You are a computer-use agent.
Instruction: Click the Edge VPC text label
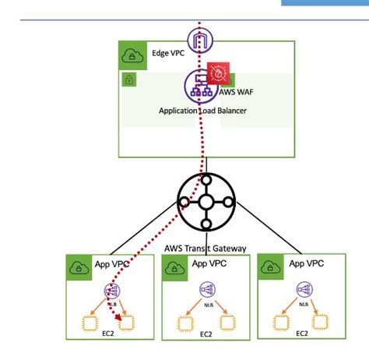pos(167,54)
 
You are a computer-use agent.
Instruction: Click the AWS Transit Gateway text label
pos(205,248)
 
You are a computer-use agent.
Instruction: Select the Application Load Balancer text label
pos(202,111)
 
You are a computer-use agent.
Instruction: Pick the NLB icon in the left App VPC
pos(111,291)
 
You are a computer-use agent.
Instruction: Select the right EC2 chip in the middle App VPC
pos(227,321)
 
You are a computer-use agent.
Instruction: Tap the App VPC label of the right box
pos(307,264)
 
